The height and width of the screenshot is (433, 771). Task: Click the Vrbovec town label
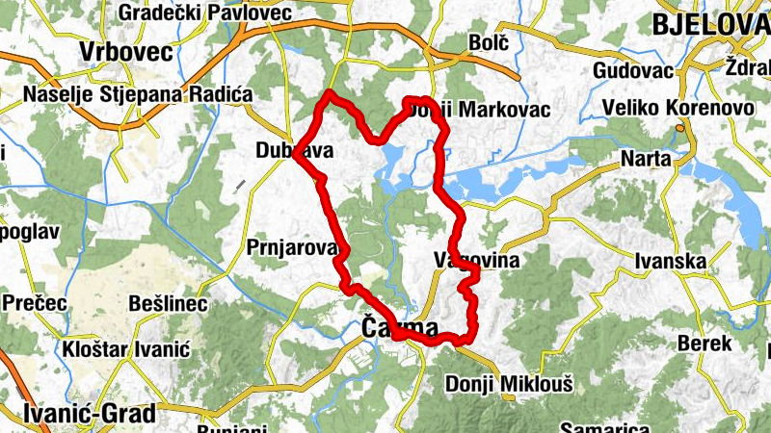tap(125, 51)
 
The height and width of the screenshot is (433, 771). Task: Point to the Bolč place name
tap(486, 43)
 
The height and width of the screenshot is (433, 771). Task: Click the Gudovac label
tap(632, 70)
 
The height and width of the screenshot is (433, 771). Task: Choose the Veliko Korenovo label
tap(677, 108)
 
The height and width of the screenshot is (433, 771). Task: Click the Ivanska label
tap(670, 261)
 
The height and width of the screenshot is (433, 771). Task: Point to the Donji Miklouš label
tap(509, 385)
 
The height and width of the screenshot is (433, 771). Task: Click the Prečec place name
tap(34, 302)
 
